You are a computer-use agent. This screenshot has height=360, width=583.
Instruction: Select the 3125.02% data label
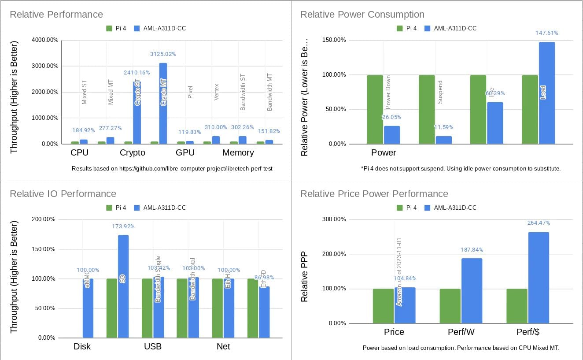(x=163, y=54)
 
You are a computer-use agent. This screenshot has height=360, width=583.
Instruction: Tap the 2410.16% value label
(x=136, y=73)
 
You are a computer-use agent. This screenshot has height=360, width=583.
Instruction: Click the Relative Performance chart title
(x=56, y=15)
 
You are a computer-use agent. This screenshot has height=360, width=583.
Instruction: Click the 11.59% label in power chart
(x=443, y=127)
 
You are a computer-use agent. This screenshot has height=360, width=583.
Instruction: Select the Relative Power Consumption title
(x=362, y=15)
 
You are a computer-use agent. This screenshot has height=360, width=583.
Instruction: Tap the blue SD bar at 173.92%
(x=123, y=286)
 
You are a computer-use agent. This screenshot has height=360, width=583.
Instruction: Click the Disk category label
(x=82, y=346)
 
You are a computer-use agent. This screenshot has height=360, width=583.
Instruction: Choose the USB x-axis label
(x=153, y=346)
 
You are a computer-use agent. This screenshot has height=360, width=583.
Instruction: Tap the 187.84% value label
(x=472, y=249)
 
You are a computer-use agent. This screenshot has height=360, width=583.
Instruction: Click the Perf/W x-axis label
(x=461, y=332)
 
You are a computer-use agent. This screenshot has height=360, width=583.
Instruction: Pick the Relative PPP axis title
(x=304, y=276)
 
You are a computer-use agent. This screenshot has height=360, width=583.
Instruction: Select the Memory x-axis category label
(x=238, y=153)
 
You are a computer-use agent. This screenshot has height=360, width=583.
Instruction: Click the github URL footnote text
(x=172, y=169)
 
